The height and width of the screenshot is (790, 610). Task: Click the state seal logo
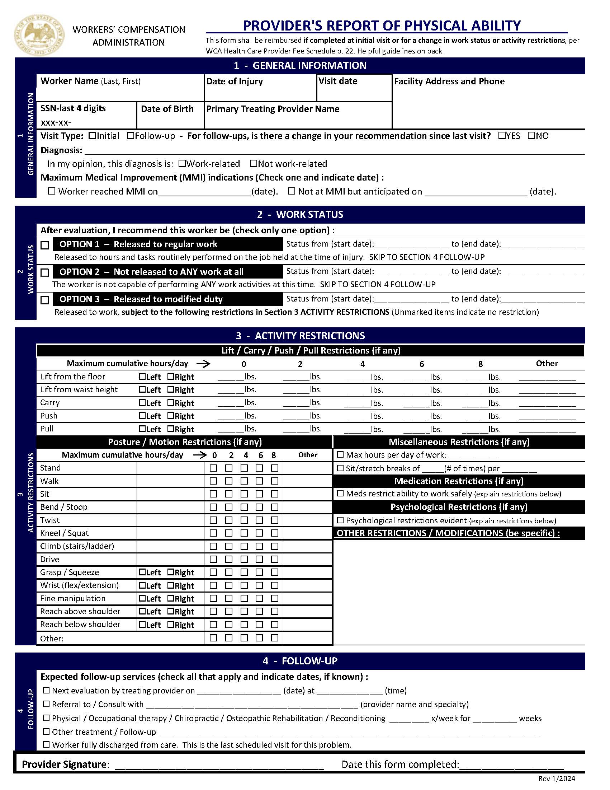point(40,35)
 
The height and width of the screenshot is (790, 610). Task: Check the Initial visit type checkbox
point(92,136)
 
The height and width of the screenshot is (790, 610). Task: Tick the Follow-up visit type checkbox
point(131,136)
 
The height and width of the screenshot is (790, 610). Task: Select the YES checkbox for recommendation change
point(502,136)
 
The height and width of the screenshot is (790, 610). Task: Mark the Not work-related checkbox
point(253,164)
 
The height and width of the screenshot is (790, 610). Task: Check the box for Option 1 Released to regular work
point(44,245)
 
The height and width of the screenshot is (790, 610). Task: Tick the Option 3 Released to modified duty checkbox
point(44,300)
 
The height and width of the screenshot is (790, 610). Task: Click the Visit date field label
point(337,81)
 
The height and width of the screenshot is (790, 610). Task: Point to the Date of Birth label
point(167,109)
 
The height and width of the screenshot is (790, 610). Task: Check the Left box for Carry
point(142,402)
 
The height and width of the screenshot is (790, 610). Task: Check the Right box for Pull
point(171,429)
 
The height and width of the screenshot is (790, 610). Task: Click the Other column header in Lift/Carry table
point(547,363)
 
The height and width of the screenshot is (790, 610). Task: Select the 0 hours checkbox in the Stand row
point(213,468)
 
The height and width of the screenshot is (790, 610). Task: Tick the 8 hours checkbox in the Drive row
point(275,559)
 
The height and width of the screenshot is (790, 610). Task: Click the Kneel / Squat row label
point(64,533)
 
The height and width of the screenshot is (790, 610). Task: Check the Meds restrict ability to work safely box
point(340,493)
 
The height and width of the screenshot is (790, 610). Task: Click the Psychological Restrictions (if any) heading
point(459,507)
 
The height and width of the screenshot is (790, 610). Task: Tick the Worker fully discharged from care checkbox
point(46,744)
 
